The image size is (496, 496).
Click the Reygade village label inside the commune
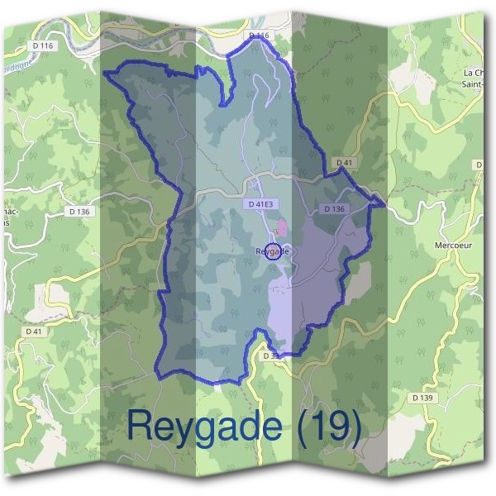click(272, 250)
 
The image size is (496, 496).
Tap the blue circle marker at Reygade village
click(275, 252)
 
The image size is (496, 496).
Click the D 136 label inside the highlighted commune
click(334, 209)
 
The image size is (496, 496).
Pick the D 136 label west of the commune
click(79, 212)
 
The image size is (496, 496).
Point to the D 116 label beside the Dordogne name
click(42, 45)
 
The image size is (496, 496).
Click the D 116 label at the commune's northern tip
click(259, 36)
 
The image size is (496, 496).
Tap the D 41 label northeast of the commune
click(344, 163)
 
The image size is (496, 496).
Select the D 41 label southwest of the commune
click(34, 331)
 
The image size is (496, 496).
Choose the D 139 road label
click(422, 398)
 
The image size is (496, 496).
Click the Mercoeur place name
click(451, 246)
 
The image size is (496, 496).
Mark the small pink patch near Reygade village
click(281, 227)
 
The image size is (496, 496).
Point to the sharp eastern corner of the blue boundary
click(384, 203)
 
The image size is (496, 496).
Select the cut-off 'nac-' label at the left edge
click(10, 217)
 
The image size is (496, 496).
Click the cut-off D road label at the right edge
click(479, 165)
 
